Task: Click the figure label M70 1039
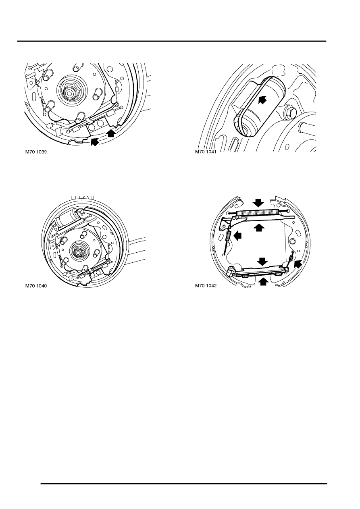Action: click(36, 152)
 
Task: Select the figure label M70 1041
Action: click(206, 152)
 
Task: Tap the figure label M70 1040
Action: click(36, 286)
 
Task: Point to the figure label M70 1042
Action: click(206, 286)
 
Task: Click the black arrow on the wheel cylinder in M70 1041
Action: click(262, 99)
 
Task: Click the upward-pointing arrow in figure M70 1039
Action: click(111, 133)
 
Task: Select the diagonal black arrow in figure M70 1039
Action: click(95, 141)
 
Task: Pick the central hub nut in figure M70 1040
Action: click(77, 251)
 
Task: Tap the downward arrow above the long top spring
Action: click(259, 202)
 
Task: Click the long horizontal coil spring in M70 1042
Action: click(258, 213)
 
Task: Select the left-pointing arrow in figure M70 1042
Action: click(237, 236)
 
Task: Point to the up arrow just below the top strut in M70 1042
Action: click(259, 227)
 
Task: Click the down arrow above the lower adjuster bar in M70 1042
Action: click(263, 261)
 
